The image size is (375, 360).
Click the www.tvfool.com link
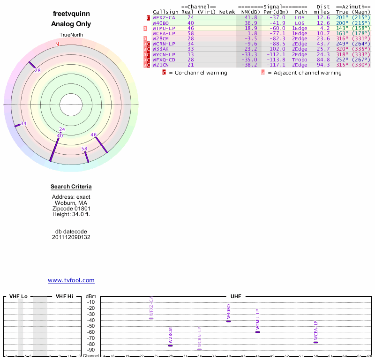[x=71, y=280]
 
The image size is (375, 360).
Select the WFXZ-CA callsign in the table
[x=164, y=17]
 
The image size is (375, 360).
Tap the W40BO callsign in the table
[x=161, y=23]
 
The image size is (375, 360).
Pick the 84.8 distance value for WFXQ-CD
[x=323, y=60]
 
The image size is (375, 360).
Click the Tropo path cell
[x=300, y=60]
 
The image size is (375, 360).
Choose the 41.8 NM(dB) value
[x=251, y=17]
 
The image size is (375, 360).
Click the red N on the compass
[x=57, y=44]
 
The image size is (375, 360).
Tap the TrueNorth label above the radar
[x=71, y=35]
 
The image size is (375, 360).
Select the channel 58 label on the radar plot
[x=84, y=149]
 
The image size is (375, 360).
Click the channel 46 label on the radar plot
[x=93, y=135]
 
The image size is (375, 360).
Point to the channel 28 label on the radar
[x=37, y=70]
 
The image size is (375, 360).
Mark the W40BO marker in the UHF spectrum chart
[x=229, y=321]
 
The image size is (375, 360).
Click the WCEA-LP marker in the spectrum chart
[x=315, y=342]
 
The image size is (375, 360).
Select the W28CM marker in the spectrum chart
[x=171, y=345]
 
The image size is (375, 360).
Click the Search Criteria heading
[x=71, y=187]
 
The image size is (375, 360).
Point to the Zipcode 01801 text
[x=71, y=209]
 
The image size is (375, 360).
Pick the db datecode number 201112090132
[x=71, y=237]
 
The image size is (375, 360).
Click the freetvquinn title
[x=71, y=14]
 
